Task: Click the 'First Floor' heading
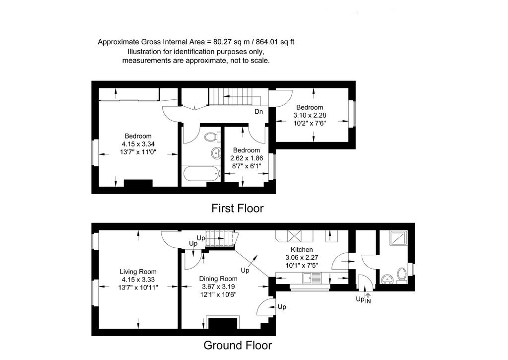click(x=238, y=208)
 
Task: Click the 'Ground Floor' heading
click(x=238, y=346)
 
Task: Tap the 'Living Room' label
click(x=138, y=272)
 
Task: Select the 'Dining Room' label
click(x=218, y=279)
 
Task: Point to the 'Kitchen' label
click(x=302, y=249)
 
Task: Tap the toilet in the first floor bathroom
click(x=211, y=137)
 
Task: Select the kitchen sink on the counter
click(x=312, y=278)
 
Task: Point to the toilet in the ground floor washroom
click(x=402, y=276)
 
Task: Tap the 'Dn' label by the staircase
click(x=258, y=112)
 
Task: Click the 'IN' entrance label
click(x=368, y=301)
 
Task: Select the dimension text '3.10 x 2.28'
click(x=310, y=115)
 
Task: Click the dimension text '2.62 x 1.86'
click(x=247, y=158)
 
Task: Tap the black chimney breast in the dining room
click(x=223, y=323)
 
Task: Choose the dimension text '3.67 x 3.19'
click(x=218, y=287)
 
